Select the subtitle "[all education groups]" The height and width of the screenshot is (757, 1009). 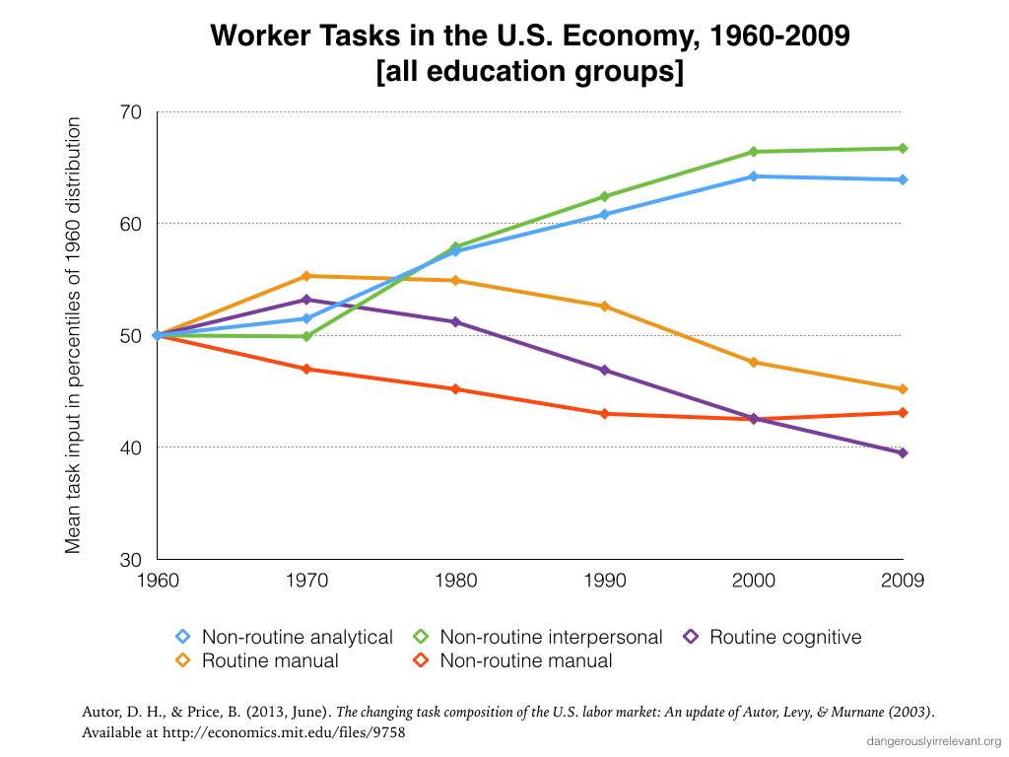tap(529, 73)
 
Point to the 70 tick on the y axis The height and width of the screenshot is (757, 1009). tap(131, 112)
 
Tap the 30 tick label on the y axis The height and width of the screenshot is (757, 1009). tap(131, 559)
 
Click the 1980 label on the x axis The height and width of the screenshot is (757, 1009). tap(455, 581)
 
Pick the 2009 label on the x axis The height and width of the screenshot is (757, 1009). tap(903, 581)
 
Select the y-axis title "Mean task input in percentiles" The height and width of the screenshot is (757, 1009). tap(74, 335)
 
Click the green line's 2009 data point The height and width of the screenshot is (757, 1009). tap(903, 149)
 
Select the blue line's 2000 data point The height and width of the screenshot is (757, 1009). tap(754, 176)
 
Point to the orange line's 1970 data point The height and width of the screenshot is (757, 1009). tap(306, 276)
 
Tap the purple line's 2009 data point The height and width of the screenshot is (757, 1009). tap(903, 452)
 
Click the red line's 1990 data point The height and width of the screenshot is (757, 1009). tap(605, 414)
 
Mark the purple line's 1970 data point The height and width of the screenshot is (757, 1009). tap(306, 300)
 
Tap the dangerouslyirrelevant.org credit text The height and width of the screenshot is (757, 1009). tap(934, 741)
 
